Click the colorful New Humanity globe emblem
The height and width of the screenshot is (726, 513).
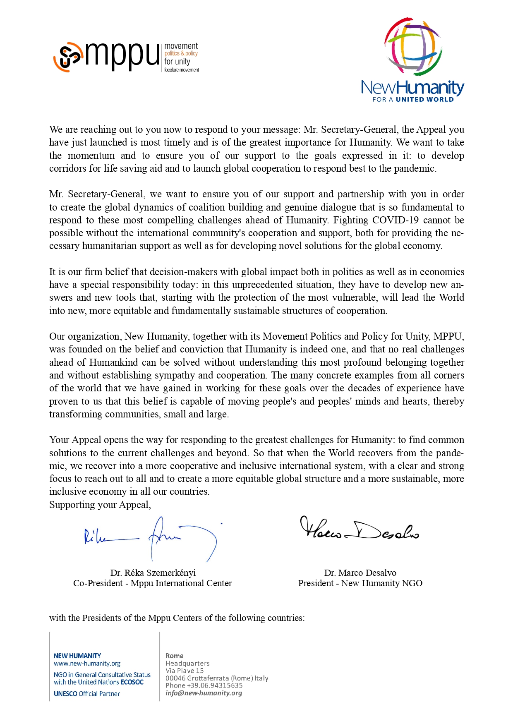(x=413, y=46)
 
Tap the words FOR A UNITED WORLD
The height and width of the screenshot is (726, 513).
(x=412, y=100)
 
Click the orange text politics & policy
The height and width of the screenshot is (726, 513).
(x=181, y=53)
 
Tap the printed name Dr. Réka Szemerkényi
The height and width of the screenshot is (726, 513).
(x=153, y=573)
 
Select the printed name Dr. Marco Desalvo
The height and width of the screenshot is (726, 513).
(x=360, y=573)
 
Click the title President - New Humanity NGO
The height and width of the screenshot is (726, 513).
(x=360, y=583)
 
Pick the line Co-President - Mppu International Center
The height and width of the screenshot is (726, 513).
(x=152, y=583)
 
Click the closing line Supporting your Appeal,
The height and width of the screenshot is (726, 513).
(x=100, y=505)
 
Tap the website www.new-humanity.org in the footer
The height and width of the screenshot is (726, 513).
(x=87, y=664)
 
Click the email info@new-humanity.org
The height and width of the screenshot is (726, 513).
(x=204, y=693)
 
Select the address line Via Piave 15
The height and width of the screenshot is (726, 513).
(x=185, y=671)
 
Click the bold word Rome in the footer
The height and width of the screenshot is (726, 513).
(x=174, y=656)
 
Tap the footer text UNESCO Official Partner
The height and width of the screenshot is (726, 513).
(x=87, y=694)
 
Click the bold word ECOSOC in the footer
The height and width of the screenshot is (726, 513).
(x=132, y=682)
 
